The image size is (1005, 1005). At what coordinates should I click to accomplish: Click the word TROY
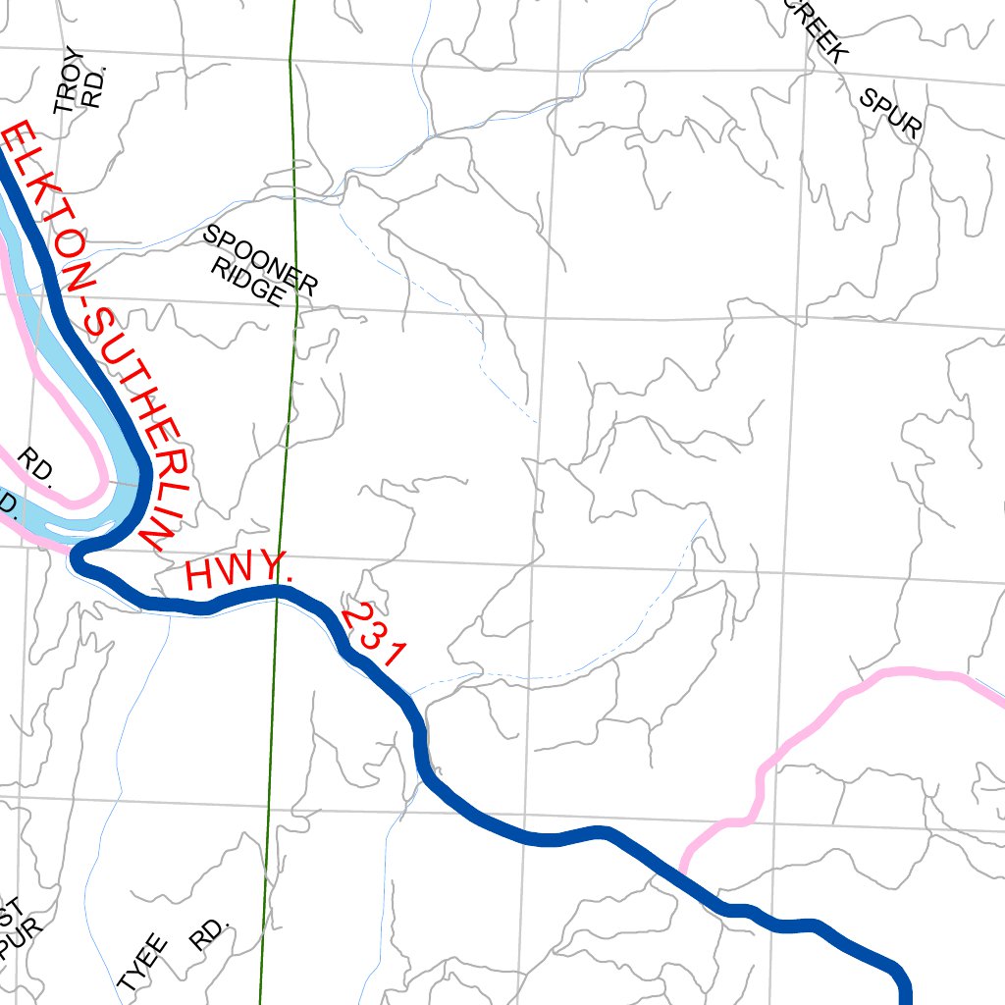point(68,81)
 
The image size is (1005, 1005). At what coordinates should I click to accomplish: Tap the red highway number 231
point(373,636)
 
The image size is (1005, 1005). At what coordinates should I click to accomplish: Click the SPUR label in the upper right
point(891,113)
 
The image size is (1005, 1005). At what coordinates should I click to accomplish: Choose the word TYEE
point(143,964)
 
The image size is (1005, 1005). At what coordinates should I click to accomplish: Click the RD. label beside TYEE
point(208,935)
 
